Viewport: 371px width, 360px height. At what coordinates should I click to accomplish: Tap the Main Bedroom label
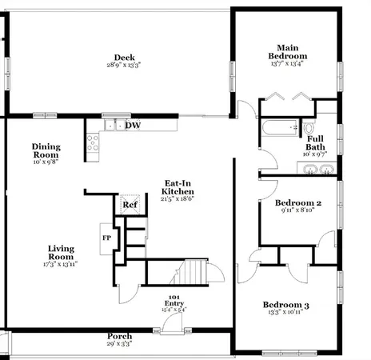pos(289,52)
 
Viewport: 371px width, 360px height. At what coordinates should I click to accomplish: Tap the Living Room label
pos(61,253)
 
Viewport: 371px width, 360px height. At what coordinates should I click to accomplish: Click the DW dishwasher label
pos(133,125)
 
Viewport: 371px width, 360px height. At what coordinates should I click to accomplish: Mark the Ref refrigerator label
pos(131,204)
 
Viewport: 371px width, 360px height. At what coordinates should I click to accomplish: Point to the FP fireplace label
pos(106,238)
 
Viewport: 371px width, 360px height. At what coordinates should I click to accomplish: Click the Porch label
pos(119,336)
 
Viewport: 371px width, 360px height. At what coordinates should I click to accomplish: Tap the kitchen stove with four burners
pos(93,142)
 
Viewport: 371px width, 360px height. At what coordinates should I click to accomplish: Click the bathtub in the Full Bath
pos(277,128)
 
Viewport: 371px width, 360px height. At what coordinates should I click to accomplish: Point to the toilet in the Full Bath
pos(309,127)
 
